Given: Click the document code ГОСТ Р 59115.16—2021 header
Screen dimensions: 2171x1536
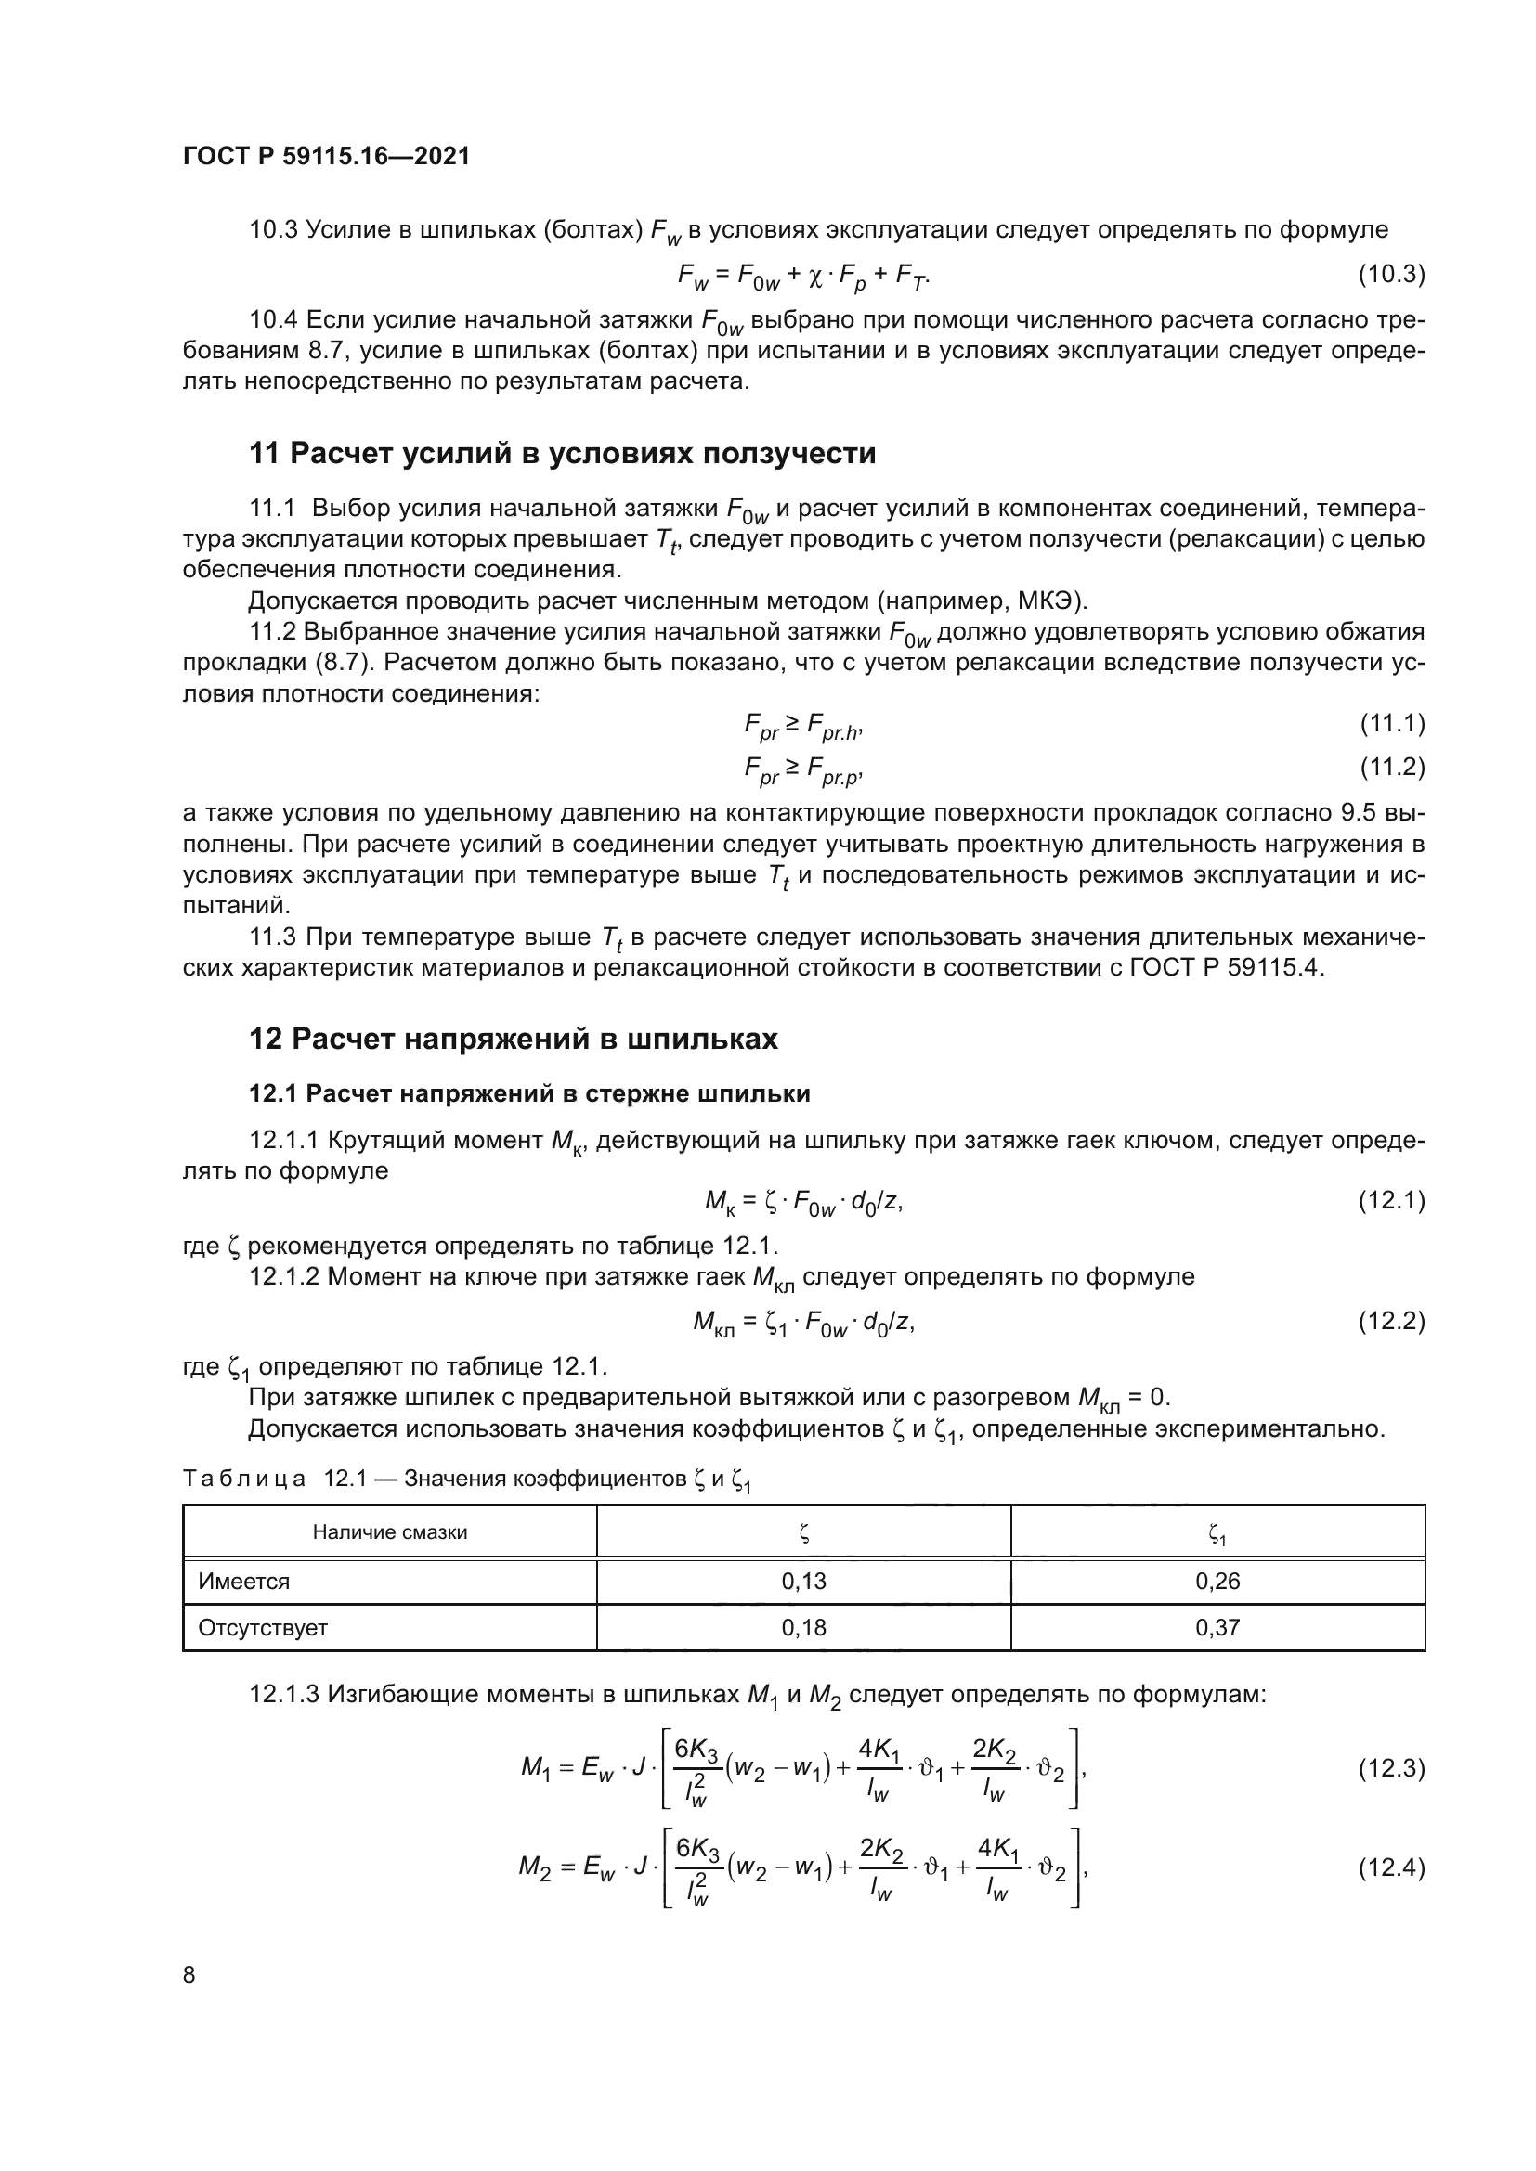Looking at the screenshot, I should pos(325,156).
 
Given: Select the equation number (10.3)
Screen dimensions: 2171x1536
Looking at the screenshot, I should pos(1391,275).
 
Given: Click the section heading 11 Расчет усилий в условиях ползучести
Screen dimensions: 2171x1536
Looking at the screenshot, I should pos(562,454).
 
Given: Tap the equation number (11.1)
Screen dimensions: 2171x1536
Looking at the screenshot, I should pos(1391,724).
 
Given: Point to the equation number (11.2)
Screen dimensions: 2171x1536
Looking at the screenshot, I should pos(1391,767).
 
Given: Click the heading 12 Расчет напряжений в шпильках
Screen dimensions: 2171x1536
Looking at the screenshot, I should pos(513,1040).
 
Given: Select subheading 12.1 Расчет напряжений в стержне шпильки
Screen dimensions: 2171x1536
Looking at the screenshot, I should pos(529,1094).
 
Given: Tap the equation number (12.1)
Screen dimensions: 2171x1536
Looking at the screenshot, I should pos(1391,1201).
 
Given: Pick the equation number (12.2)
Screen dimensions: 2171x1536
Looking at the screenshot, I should pos(1391,1321).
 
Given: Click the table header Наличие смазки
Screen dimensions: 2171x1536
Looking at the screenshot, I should pos(390,1532).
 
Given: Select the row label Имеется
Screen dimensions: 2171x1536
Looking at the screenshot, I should pos(244,1581).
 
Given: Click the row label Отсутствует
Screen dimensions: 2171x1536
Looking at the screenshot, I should pos(263,1627).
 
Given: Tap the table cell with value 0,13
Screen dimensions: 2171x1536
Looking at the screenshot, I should pos(803,1581).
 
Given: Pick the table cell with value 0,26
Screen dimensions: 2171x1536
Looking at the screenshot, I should pos(1217,1581).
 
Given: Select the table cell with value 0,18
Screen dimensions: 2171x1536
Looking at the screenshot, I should pos(803,1627).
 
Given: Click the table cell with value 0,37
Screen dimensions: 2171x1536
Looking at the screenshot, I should pos(1217,1627).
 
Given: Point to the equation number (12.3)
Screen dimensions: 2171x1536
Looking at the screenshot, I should pos(1391,1768).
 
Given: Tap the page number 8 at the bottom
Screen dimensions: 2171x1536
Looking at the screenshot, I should pos(189,1975).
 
